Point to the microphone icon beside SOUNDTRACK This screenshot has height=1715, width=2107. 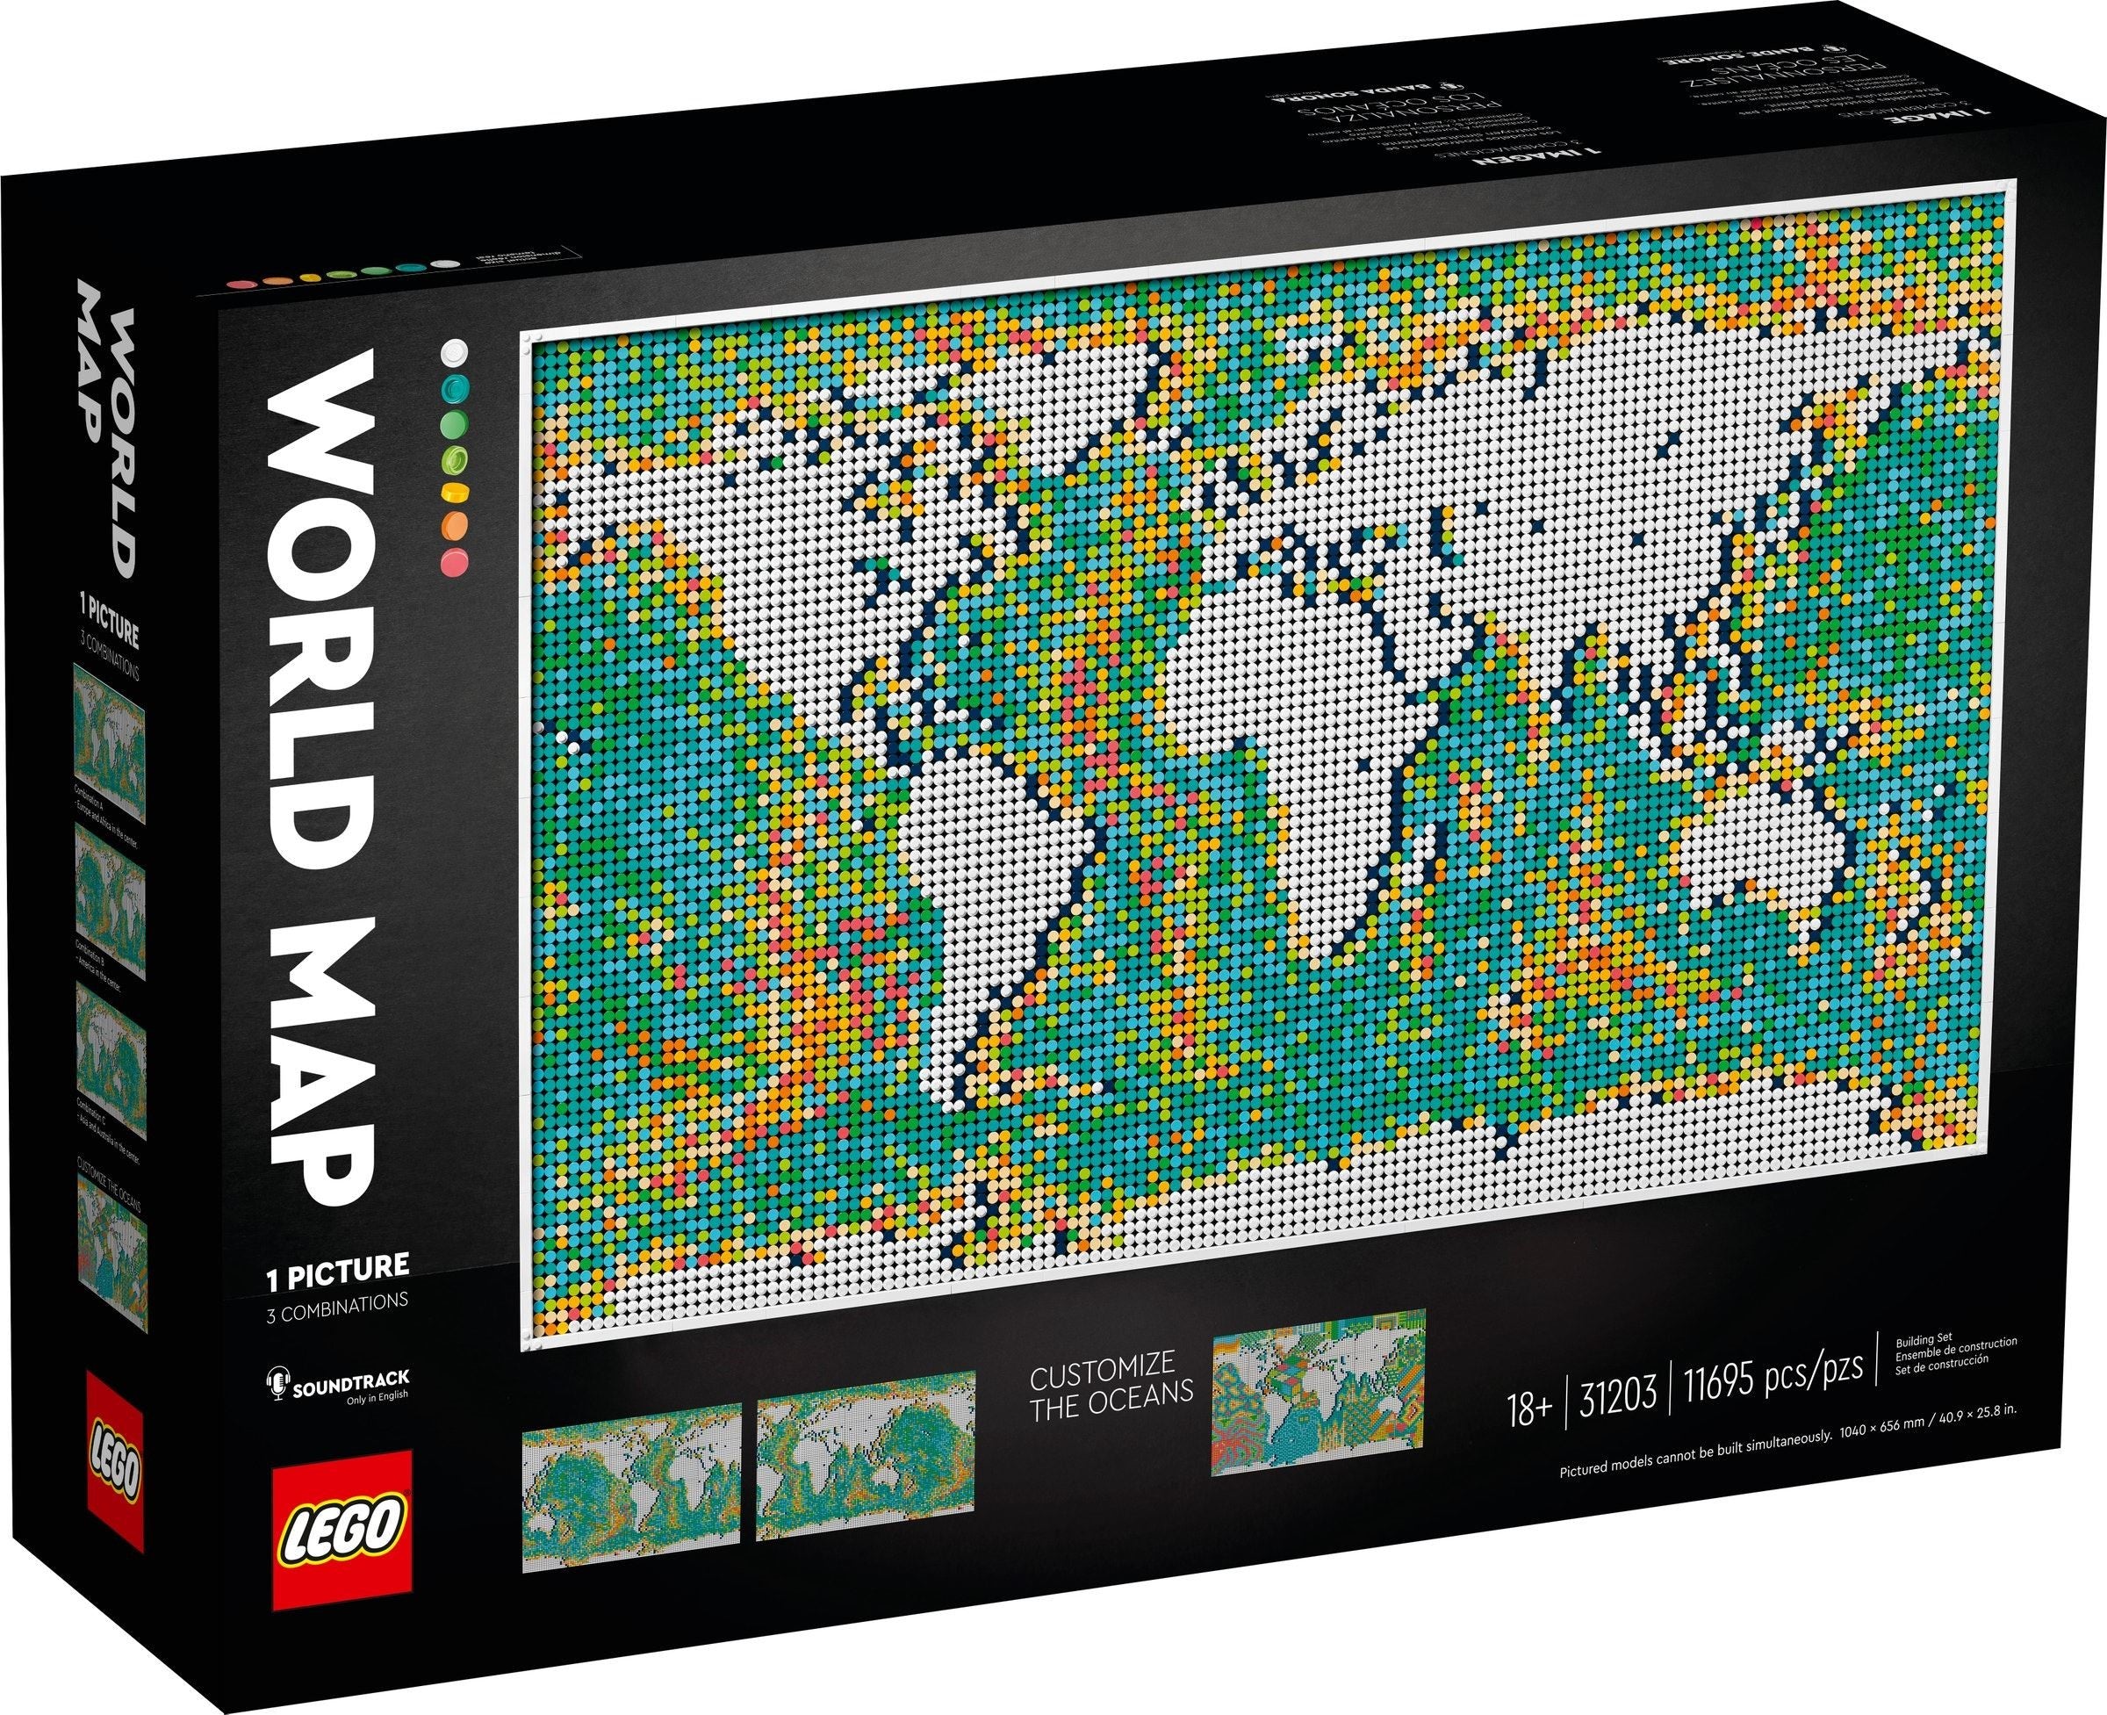276,1381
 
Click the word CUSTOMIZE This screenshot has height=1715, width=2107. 1103,1366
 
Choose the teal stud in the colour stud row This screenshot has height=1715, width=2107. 455,386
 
